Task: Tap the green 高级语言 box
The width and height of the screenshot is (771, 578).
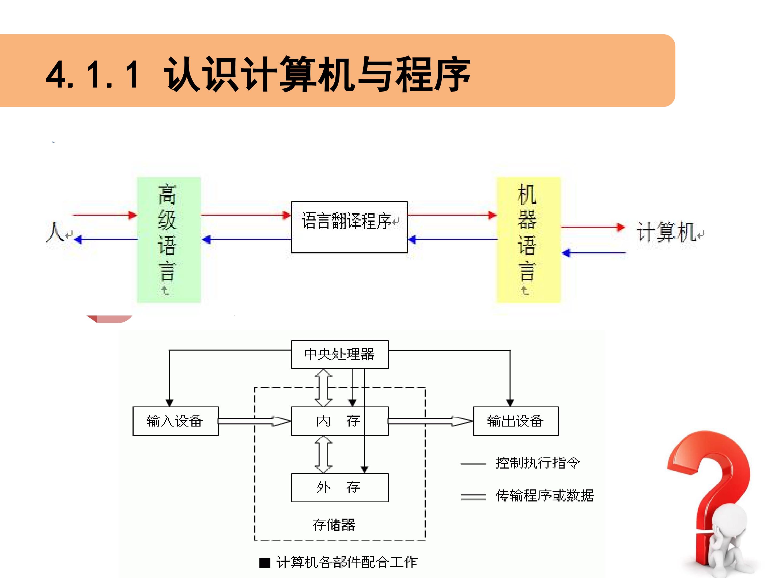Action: pos(169,240)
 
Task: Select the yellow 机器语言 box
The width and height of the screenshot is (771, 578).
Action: pos(528,240)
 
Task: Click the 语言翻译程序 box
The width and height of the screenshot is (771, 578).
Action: pos(349,227)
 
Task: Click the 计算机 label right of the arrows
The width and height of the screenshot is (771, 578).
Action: pos(666,232)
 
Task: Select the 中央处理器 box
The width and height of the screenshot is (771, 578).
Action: pos(339,354)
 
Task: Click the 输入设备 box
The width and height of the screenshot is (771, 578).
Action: pos(175,421)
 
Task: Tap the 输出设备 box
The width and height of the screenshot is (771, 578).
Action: pos(516,421)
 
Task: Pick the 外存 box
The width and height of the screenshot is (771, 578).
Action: pos(339,487)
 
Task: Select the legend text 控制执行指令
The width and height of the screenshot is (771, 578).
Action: pos(538,463)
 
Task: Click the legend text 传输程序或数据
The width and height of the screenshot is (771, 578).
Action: pos(545,495)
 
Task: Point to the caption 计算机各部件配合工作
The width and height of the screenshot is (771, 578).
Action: pos(346,562)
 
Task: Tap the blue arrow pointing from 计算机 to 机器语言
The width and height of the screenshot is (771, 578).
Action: pos(594,253)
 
